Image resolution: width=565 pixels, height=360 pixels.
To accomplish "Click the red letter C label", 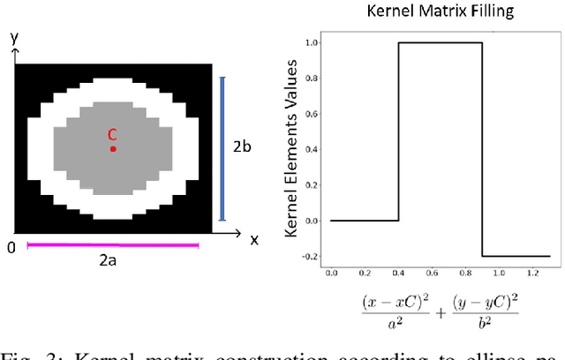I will click(112, 135).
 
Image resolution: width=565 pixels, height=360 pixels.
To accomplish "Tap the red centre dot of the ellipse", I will click(113, 149).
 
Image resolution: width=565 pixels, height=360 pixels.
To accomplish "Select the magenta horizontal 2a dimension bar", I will click(113, 245).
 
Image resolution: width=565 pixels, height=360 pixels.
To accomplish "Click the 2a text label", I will click(113, 262).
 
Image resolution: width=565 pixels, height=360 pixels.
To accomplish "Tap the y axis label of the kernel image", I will click(13, 39).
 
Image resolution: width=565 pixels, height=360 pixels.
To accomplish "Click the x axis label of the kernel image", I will click(253, 239).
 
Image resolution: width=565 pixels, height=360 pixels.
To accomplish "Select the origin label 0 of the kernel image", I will click(11, 248).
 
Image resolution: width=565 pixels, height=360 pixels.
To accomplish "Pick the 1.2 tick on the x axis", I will click(527, 274).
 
